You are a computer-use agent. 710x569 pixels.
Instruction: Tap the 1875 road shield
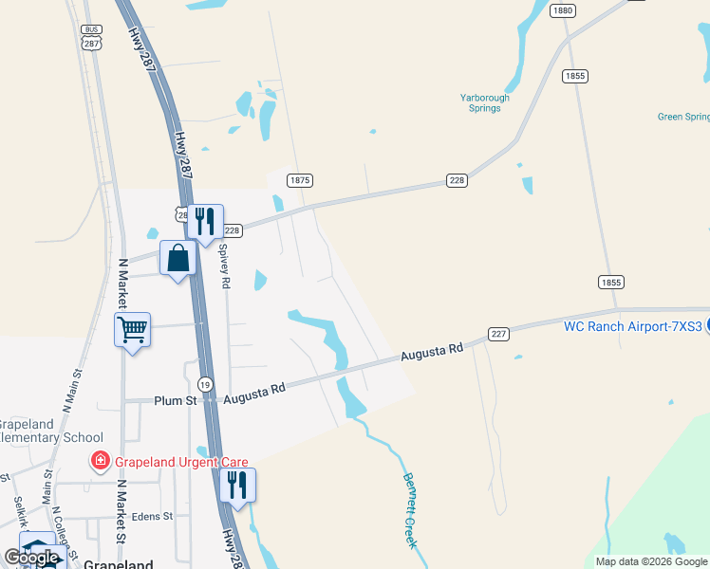[x=300, y=180]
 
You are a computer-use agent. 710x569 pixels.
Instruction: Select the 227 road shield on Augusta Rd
[x=499, y=334]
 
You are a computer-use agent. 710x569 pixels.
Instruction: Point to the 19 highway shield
[x=204, y=384]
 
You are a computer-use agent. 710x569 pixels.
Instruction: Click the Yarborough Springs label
[x=485, y=102]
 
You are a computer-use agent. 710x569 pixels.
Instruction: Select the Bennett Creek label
[x=410, y=510]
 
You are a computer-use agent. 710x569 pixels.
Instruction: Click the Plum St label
[x=175, y=401]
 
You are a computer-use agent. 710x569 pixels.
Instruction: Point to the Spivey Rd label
[x=225, y=268]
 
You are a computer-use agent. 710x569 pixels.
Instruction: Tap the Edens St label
[x=154, y=517]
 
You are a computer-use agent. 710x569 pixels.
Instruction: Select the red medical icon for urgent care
[x=99, y=462]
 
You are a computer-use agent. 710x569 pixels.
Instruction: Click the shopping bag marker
[x=178, y=258]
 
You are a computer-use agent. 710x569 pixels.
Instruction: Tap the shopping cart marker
[x=133, y=331]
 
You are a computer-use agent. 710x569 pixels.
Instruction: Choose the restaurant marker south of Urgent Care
[x=237, y=486]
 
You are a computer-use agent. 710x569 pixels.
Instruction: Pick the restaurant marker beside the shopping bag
[x=205, y=223]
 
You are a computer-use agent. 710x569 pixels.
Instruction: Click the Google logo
[x=31, y=558]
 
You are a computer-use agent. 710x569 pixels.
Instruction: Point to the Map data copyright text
[x=650, y=561]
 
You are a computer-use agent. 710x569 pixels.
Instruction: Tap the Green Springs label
[x=683, y=118]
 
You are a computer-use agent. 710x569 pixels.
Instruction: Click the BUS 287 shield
[x=91, y=37]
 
